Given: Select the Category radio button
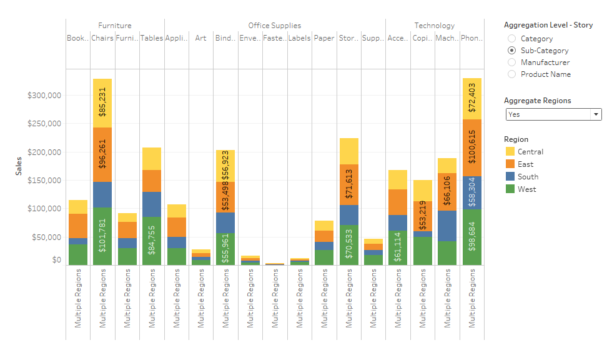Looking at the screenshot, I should coord(512,39).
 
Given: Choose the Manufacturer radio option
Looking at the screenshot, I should coord(512,62).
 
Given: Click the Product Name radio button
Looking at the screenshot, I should coord(512,74).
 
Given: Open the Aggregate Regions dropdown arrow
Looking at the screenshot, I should coord(596,114).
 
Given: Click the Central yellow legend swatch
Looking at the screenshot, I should coord(510,152).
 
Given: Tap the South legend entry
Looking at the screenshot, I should coord(528,177).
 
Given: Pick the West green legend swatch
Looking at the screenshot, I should coord(510,189).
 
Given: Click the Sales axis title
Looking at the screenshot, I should coord(19,166).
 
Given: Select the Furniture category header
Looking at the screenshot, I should coord(115,26).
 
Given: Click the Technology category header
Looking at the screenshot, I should coord(435,26).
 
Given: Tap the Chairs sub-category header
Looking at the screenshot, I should coord(102,38).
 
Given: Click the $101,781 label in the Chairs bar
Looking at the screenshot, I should coord(102,234).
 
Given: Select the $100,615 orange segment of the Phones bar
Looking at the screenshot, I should coord(471,147).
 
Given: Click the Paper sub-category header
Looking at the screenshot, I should coord(323,38).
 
